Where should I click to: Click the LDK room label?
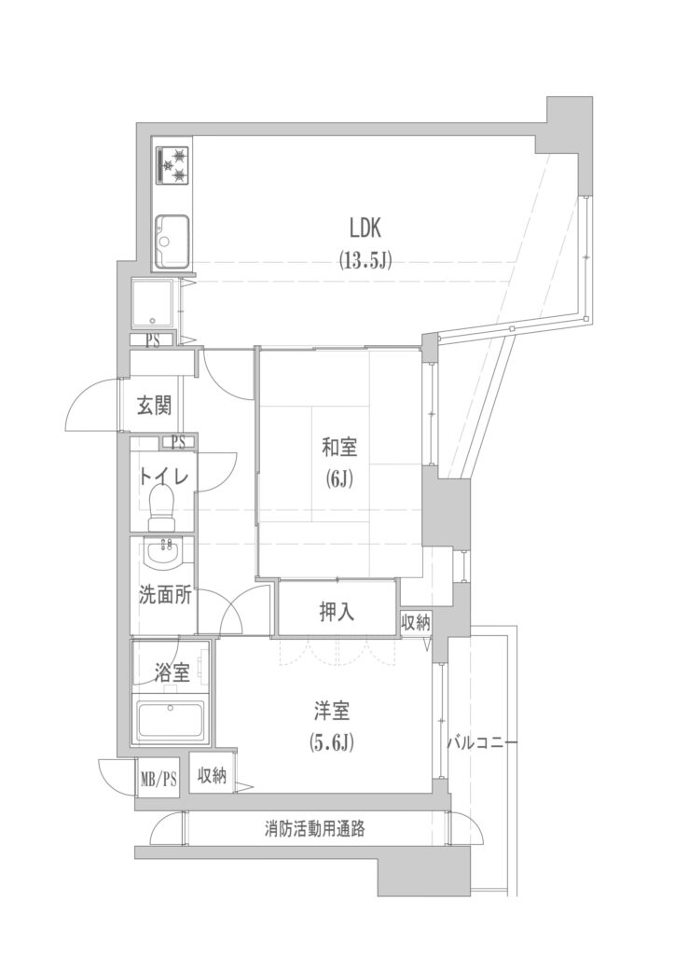[365, 228]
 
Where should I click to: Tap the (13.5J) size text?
[365, 261]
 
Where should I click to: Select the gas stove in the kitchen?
[172, 165]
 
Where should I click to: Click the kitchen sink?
[172, 242]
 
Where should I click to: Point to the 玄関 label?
[154, 405]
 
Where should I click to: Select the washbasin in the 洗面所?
[162, 554]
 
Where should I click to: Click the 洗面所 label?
[166, 595]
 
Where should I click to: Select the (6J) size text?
[339, 481]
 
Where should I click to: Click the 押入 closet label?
[337, 612]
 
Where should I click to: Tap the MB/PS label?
[158, 779]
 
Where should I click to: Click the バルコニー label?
[483, 743]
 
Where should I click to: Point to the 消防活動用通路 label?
[315, 828]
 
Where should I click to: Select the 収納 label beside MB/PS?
[212, 776]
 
